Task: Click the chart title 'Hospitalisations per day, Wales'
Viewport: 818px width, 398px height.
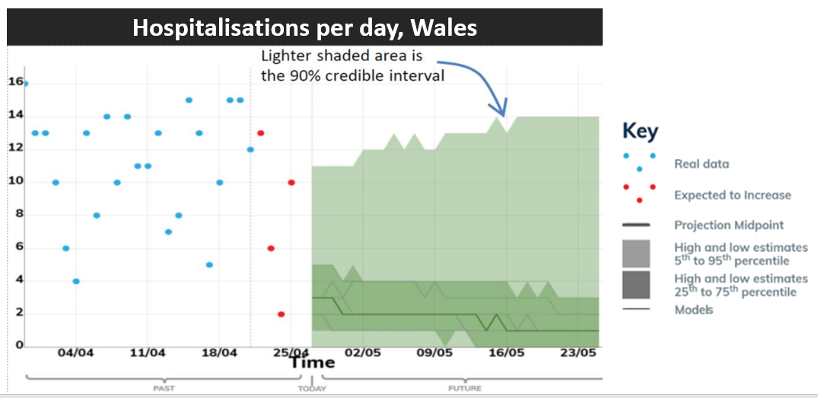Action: pyautogui.click(x=304, y=27)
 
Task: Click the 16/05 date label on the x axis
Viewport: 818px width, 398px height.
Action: pyautogui.click(x=506, y=354)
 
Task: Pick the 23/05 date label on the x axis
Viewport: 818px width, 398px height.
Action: pyautogui.click(x=578, y=354)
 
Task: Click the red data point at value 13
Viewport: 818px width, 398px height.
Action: pyautogui.click(x=260, y=132)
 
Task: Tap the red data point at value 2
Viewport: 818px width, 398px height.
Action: pyautogui.click(x=281, y=314)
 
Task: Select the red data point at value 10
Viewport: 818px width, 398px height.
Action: pyautogui.click(x=291, y=182)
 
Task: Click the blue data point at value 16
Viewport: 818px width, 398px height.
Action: pyautogui.click(x=25, y=84)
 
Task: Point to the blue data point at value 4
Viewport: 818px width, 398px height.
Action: pyautogui.click(x=75, y=281)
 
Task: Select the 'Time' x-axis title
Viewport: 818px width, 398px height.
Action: pyautogui.click(x=311, y=363)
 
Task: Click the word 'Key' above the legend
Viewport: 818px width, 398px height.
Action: pyautogui.click(x=640, y=131)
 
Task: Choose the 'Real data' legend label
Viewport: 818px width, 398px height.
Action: pyautogui.click(x=701, y=164)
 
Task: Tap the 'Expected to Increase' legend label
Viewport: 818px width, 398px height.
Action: pyautogui.click(x=732, y=195)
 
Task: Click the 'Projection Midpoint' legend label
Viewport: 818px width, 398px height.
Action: pyautogui.click(x=728, y=225)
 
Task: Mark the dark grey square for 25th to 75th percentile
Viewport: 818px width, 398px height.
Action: pyautogui.click(x=636, y=285)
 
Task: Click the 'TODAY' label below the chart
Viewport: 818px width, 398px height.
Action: pyautogui.click(x=312, y=389)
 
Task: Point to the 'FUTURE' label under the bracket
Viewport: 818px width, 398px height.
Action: pyautogui.click(x=464, y=389)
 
